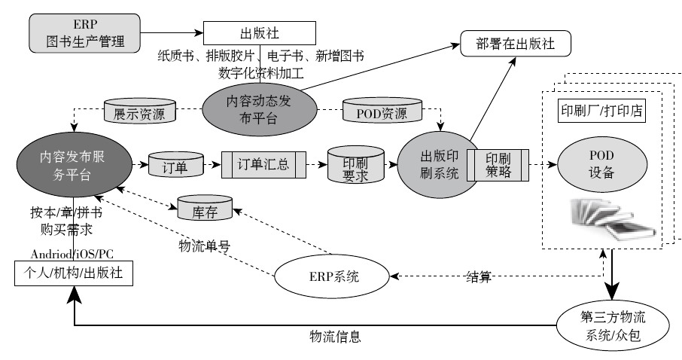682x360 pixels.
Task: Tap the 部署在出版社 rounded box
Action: tap(516, 43)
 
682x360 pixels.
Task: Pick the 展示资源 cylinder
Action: tap(139, 114)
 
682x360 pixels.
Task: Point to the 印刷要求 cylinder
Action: tap(355, 166)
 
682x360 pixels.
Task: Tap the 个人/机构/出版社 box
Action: tap(73, 274)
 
